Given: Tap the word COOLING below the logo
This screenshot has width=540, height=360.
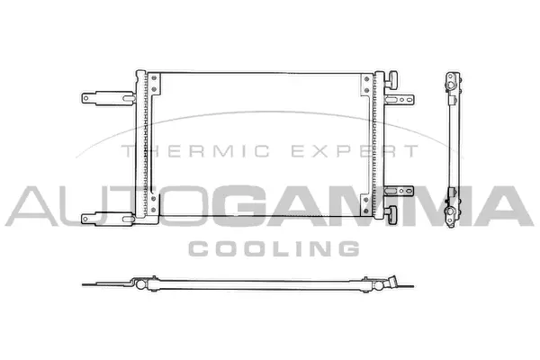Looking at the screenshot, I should coord(273,247).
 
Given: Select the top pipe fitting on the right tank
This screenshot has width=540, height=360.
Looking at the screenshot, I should coord(392,79).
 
